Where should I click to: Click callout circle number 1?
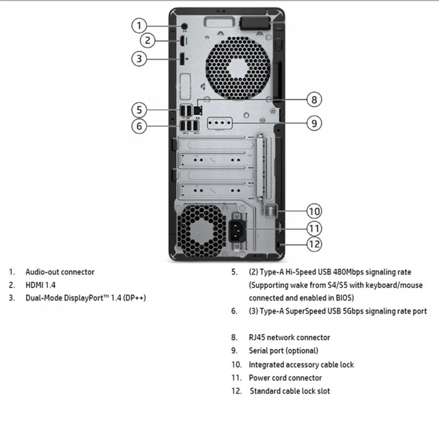pos(139,26)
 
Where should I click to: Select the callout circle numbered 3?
pos(139,58)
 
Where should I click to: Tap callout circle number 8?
pos(313,99)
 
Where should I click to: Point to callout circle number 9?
pos(313,123)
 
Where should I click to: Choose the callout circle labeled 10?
pos(313,211)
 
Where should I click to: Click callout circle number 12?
pos(313,244)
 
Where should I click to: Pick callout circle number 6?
pos(139,126)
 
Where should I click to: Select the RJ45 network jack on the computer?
pos(198,108)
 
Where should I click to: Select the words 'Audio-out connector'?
pos(60,272)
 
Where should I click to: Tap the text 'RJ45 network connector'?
pos(289,337)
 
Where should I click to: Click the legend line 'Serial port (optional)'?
pos(283,351)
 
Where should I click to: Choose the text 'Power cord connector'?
pos(285,378)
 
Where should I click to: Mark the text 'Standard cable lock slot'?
pos(289,391)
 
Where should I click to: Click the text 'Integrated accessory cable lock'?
pos(301,364)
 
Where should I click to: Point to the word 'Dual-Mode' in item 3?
pos(45,298)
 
